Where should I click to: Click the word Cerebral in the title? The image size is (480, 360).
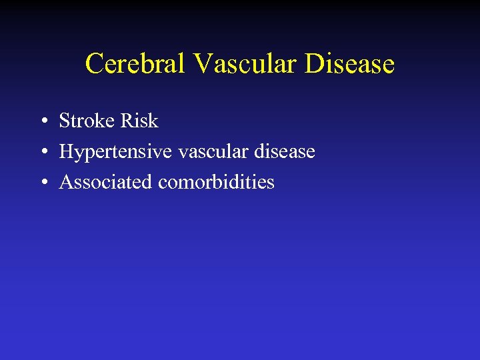coord(136,65)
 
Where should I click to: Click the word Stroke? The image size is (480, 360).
coord(87,121)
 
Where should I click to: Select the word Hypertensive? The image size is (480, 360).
coord(116,153)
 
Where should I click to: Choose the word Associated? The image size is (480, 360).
coord(105,183)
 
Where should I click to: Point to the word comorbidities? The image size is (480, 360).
coord(216,183)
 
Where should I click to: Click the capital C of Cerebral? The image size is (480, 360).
coord(95,65)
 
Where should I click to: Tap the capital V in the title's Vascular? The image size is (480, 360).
coord(203,65)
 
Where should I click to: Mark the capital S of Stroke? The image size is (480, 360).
coord(65,121)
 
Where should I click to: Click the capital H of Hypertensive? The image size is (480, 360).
coord(67,152)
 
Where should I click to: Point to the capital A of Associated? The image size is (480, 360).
coord(67,183)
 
